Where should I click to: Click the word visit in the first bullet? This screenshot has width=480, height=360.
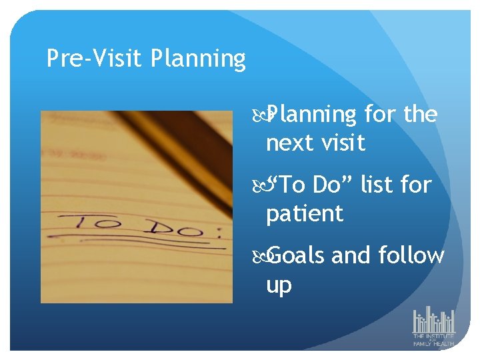(x=344, y=142)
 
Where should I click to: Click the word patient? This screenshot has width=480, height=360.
(x=305, y=214)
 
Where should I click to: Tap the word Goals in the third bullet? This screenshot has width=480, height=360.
(x=297, y=255)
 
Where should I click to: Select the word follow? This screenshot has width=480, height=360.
(x=411, y=255)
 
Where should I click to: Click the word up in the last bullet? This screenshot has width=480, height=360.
(x=279, y=285)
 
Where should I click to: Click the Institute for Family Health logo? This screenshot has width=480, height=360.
(x=433, y=327)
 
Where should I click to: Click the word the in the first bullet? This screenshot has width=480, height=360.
(x=421, y=115)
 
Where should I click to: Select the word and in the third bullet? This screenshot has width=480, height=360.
(x=350, y=255)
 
